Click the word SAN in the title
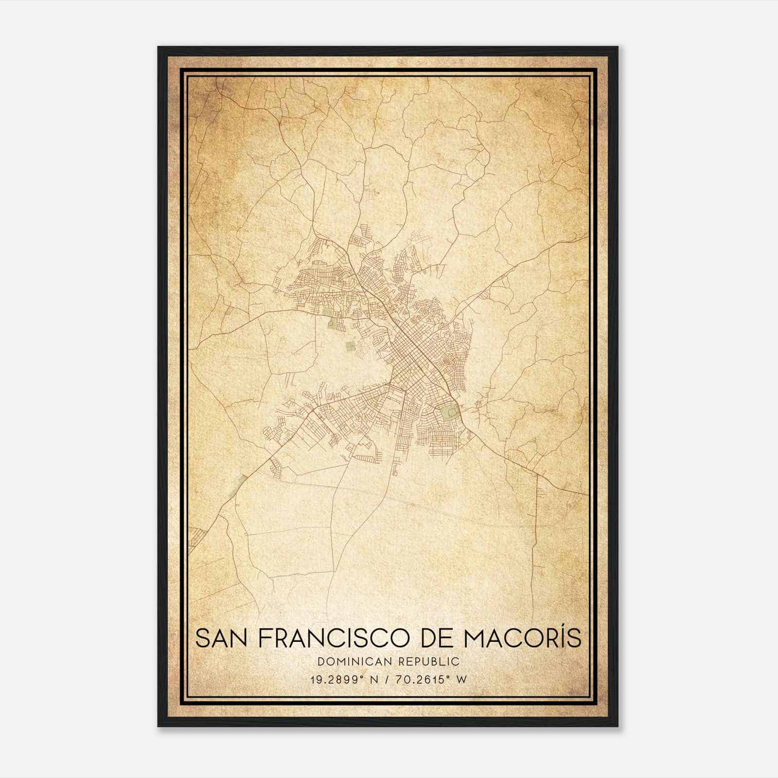[x=224, y=638]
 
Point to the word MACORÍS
[x=523, y=638]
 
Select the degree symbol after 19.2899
[x=362, y=676]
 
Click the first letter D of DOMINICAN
[x=321, y=661]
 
